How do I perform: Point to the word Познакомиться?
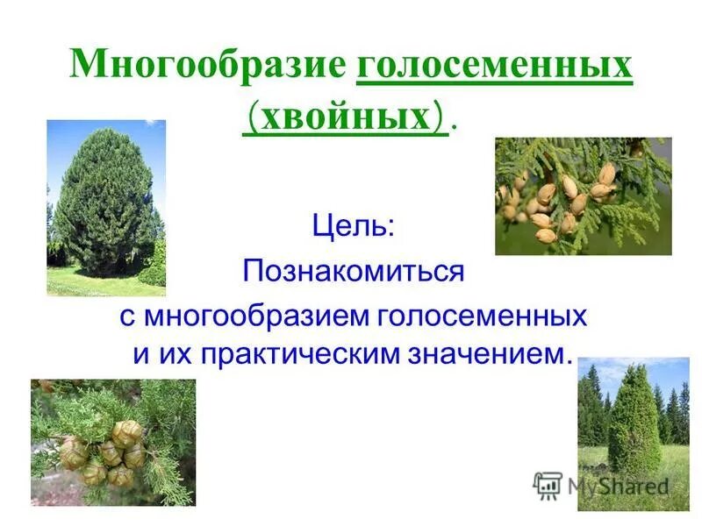pos(353,271)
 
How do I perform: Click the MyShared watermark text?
pos(618,486)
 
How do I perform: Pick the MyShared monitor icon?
pos(548,485)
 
